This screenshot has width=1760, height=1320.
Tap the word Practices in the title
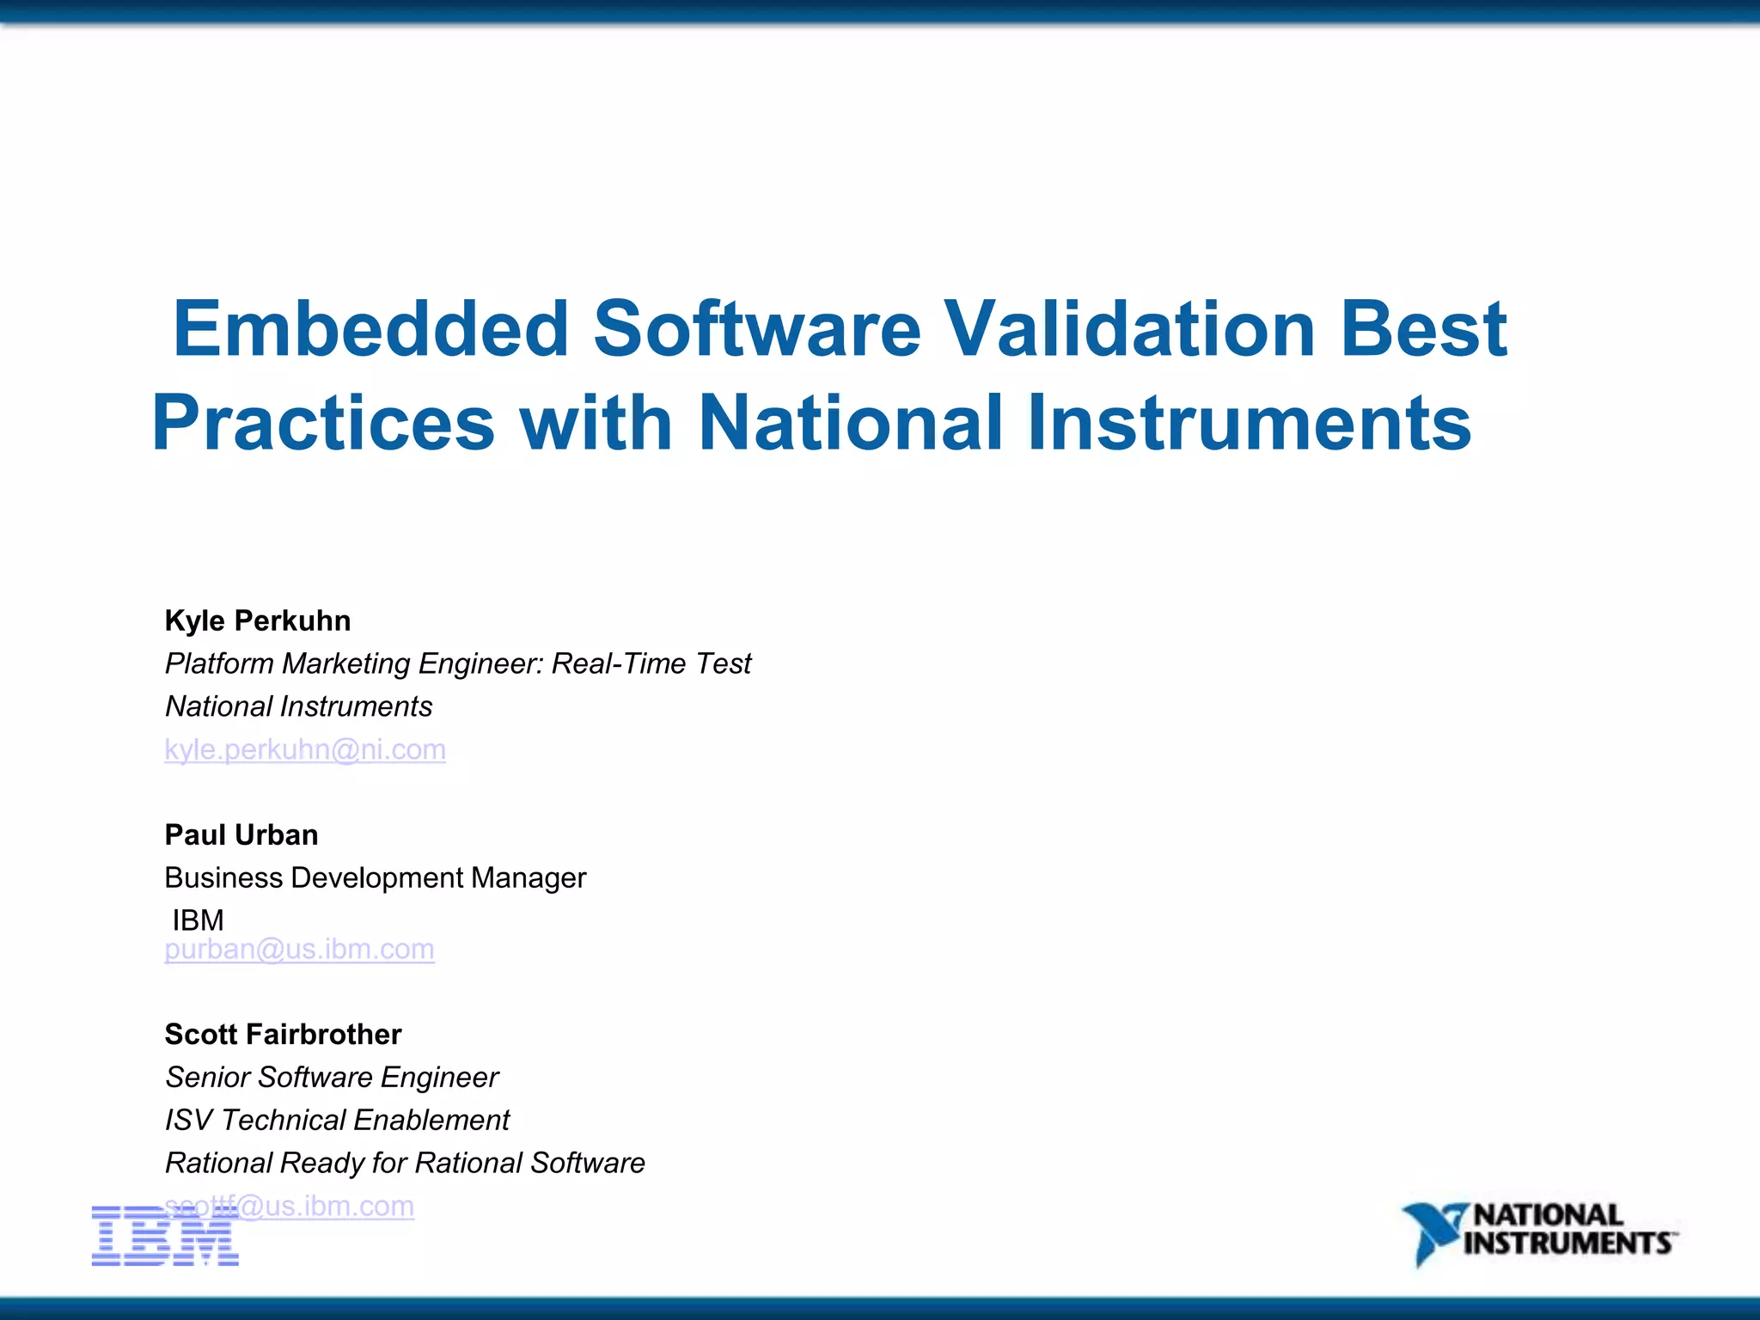324,423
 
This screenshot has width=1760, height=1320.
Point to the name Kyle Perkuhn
258,620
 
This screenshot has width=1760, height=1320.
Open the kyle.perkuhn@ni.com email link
305,749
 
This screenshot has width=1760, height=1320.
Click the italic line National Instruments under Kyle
298,706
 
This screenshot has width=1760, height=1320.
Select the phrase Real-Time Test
651,663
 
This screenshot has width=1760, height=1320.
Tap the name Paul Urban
241,834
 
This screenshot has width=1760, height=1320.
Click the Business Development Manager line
375,877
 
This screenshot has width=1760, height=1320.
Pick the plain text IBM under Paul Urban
198,920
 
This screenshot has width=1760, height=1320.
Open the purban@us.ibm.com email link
299,949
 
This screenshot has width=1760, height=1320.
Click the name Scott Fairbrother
283,1034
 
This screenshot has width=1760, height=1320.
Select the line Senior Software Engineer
332,1077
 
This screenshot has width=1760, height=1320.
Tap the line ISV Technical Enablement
337,1120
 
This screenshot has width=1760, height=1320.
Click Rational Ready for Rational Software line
405,1163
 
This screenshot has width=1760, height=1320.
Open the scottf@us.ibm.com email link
327,1206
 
